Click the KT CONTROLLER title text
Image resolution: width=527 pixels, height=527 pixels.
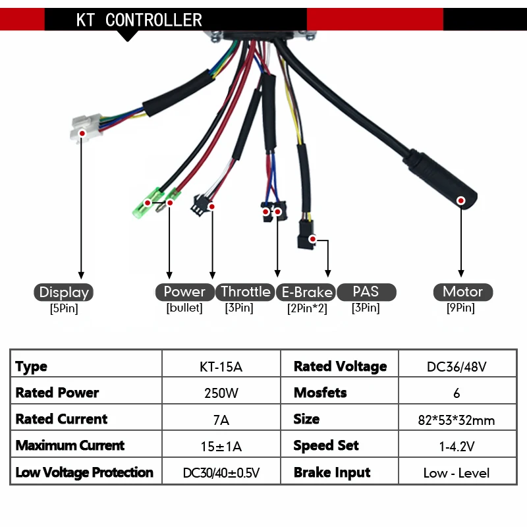(x=139, y=20)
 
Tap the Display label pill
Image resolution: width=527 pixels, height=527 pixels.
(x=63, y=292)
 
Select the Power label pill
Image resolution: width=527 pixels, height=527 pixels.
(x=184, y=292)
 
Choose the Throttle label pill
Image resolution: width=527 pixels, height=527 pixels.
(x=245, y=292)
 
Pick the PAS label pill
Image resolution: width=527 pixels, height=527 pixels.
(x=366, y=292)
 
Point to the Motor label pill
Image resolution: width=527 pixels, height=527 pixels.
(x=462, y=292)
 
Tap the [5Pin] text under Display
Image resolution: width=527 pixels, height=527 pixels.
(x=64, y=308)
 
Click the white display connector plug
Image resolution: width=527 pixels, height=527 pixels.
(x=84, y=128)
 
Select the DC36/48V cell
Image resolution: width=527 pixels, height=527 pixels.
(x=457, y=366)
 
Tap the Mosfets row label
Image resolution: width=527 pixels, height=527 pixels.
(x=320, y=393)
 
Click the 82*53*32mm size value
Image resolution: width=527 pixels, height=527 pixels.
(x=457, y=420)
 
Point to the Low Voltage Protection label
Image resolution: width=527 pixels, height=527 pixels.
(x=84, y=472)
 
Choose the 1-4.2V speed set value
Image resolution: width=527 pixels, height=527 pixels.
(x=457, y=446)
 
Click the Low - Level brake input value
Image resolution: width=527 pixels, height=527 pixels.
(x=457, y=472)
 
